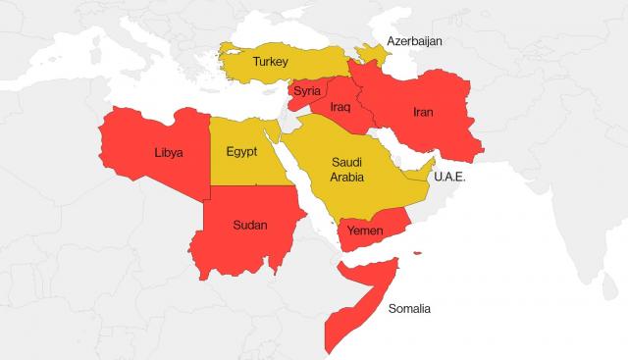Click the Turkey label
(x=270, y=62)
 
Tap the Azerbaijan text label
(x=415, y=41)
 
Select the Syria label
(x=307, y=91)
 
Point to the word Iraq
(x=340, y=106)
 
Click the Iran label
(x=423, y=113)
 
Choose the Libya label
(x=168, y=153)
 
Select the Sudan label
(x=249, y=225)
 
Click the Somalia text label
(x=409, y=308)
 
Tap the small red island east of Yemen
(x=417, y=254)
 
